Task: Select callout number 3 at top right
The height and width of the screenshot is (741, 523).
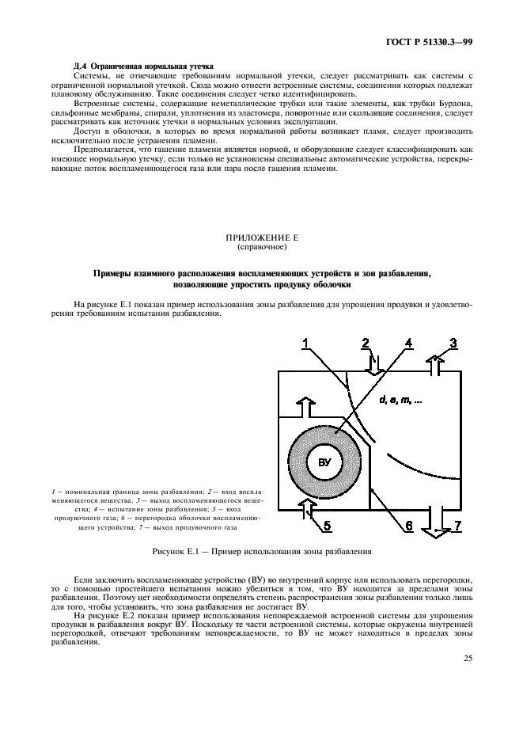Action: coord(453,343)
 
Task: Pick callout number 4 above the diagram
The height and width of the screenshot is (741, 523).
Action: coord(408,343)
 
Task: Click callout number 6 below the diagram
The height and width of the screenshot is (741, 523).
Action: coord(407,525)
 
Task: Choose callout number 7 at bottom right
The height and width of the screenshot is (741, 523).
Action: coord(457,525)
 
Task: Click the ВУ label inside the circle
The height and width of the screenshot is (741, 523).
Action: coord(325,462)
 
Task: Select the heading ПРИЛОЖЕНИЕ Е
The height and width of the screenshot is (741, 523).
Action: coord(261,237)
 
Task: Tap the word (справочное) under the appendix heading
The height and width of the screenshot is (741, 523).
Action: coord(261,246)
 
